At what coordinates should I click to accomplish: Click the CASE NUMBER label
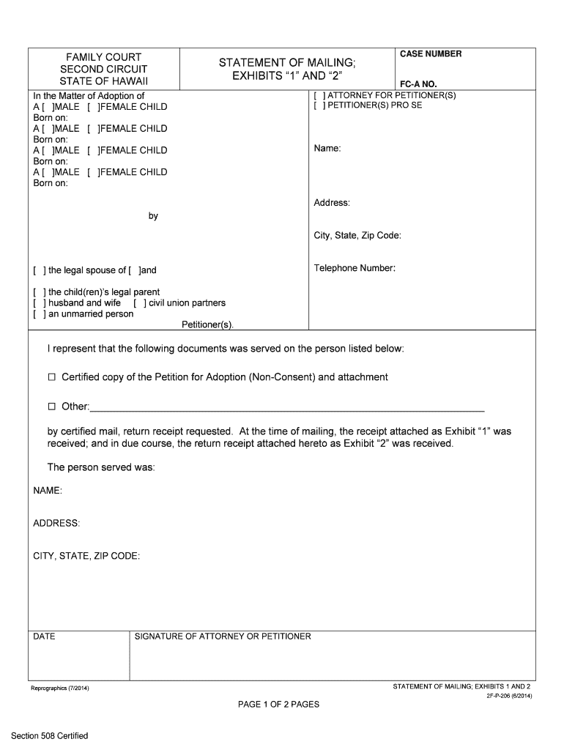click(x=431, y=54)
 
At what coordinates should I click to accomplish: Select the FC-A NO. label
click(x=418, y=84)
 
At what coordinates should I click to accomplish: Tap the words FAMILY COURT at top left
click(x=103, y=57)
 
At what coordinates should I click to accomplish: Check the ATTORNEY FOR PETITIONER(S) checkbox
click(x=317, y=96)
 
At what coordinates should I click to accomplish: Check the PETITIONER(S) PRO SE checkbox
click(x=317, y=105)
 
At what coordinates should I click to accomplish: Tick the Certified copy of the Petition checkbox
click(x=52, y=377)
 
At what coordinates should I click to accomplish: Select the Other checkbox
click(x=52, y=406)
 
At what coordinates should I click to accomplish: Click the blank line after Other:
click(x=286, y=407)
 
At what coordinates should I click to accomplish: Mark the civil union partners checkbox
click(x=139, y=303)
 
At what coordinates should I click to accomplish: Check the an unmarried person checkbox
click(x=38, y=314)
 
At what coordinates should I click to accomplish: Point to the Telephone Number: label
click(x=355, y=268)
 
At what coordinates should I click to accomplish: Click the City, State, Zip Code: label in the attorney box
click(x=357, y=236)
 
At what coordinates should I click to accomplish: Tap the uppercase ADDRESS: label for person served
click(x=57, y=524)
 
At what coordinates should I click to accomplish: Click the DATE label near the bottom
click(x=45, y=636)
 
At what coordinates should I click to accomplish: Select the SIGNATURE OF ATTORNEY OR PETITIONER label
click(x=223, y=636)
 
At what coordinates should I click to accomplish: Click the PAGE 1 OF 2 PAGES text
click(x=278, y=705)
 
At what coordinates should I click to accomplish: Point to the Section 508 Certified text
click(x=49, y=735)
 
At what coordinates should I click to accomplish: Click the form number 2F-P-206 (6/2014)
click(x=509, y=696)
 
